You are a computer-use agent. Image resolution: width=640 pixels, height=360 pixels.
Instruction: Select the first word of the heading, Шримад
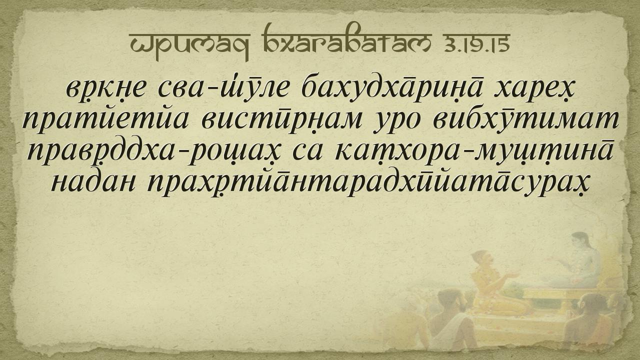point(189,46)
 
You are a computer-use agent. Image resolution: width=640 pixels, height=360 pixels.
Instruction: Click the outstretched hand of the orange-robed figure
point(512,275)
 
